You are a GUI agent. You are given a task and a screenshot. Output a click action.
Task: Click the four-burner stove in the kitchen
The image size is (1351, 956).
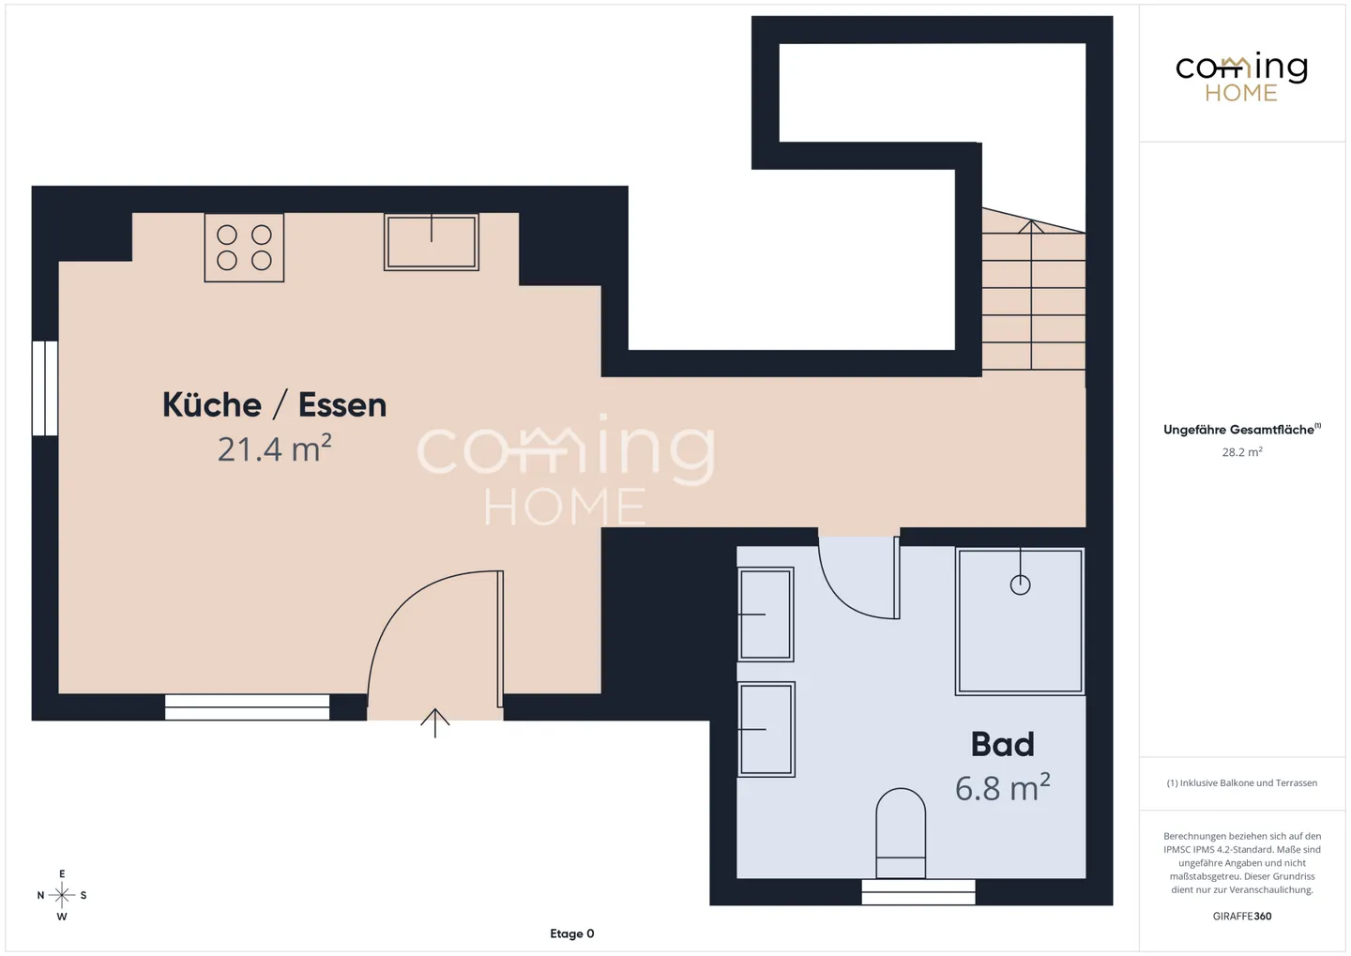point(244,248)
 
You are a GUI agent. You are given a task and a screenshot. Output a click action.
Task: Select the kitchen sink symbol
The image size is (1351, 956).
point(432,242)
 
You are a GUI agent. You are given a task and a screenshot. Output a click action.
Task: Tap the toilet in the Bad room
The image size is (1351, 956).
point(901,833)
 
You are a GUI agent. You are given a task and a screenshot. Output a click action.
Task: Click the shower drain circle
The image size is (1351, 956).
point(1020,584)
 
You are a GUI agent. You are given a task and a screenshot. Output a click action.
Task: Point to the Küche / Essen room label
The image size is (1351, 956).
point(274,404)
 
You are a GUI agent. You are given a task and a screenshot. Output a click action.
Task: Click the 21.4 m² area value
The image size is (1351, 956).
point(274,448)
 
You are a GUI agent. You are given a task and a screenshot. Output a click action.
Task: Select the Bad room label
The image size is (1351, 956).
point(1002,744)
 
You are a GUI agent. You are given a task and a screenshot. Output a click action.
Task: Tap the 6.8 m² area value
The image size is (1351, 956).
point(1002,787)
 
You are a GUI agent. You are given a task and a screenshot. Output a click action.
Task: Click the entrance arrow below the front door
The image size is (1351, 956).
point(435,722)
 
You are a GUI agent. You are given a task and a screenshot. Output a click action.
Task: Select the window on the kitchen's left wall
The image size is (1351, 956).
point(45,387)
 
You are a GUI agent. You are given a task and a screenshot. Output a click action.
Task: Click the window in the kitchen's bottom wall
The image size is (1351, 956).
point(248,706)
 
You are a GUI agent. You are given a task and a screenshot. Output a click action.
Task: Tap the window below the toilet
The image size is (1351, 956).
point(918,892)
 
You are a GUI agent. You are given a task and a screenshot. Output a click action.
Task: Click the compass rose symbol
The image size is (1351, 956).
point(62,894)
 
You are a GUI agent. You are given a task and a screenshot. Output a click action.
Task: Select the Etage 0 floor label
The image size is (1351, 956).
point(571,933)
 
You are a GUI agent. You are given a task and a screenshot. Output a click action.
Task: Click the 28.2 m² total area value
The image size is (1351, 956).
point(1242,452)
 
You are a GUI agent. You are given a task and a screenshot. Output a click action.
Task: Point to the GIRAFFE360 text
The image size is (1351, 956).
point(1242,916)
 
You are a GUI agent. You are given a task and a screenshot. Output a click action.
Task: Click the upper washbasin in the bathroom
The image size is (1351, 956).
point(766,614)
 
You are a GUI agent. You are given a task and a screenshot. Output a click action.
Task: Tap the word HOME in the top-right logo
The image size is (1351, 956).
point(1241,93)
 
